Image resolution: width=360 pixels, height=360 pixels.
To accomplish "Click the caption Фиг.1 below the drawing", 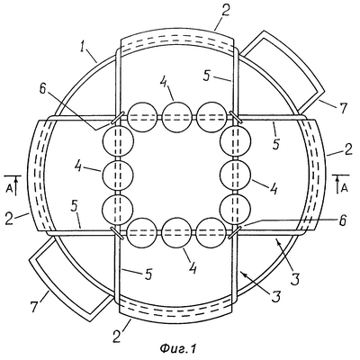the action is point(178,348).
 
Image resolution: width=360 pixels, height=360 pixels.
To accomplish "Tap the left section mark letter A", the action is point(9,188).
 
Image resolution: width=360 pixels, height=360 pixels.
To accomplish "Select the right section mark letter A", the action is point(345,188).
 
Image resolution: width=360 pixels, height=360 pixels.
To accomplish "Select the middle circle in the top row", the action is point(176,117).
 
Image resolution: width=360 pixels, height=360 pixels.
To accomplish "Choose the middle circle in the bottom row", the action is point(176,233).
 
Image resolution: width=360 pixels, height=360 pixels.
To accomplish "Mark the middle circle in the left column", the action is point(118,175).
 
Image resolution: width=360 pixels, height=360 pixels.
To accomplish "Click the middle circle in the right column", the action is point(235,175).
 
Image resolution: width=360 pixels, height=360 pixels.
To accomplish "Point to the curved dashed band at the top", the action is point(176,38).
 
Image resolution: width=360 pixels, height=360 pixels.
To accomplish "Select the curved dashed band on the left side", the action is point(37,175).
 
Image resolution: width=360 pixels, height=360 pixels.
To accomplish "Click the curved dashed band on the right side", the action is point(315,175).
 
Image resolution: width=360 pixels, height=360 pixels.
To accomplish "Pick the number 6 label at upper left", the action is point(43,89).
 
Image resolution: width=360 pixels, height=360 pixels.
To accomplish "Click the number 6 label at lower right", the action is point(343,220).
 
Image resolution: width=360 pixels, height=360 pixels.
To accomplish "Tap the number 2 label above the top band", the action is point(226,10).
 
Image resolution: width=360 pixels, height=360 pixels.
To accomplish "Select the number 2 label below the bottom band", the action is point(117,336).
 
